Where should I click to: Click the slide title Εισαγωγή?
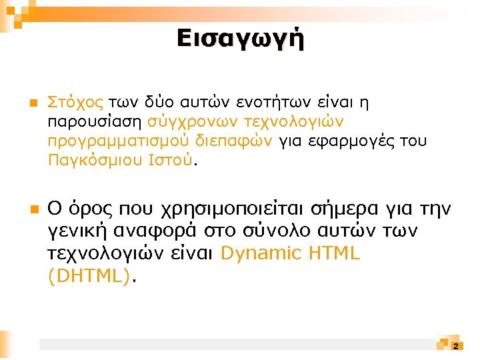coord(240,38)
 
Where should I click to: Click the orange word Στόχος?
coord(75,103)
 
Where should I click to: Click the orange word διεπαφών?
coord(234,141)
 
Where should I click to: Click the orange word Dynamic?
coord(259,254)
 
